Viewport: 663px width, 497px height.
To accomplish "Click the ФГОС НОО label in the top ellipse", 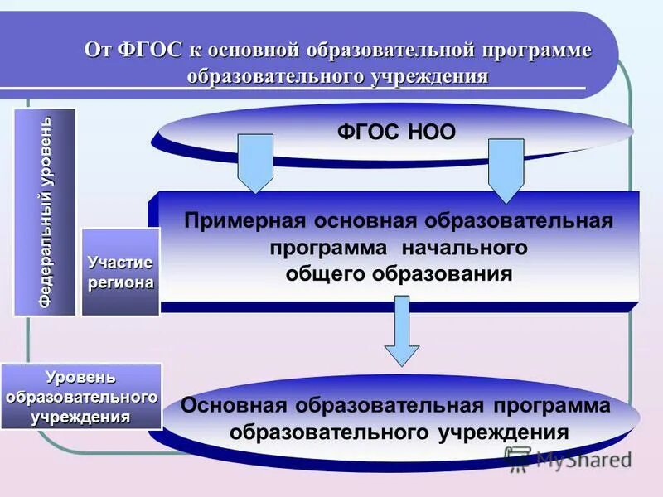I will pyautogui.click(x=396, y=132).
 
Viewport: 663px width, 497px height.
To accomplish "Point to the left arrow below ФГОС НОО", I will pyautogui.click(x=255, y=165).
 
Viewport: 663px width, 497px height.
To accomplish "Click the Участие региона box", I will pyautogui.click(x=120, y=272).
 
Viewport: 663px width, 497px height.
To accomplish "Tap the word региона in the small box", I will pyautogui.click(x=121, y=282).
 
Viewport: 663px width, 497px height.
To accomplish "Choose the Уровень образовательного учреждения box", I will pyautogui.click(x=80, y=396).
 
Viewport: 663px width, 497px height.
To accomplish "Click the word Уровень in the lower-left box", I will pyautogui.click(x=80, y=378).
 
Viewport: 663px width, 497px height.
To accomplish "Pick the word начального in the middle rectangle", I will pyautogui.click(x=465, y=248).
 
